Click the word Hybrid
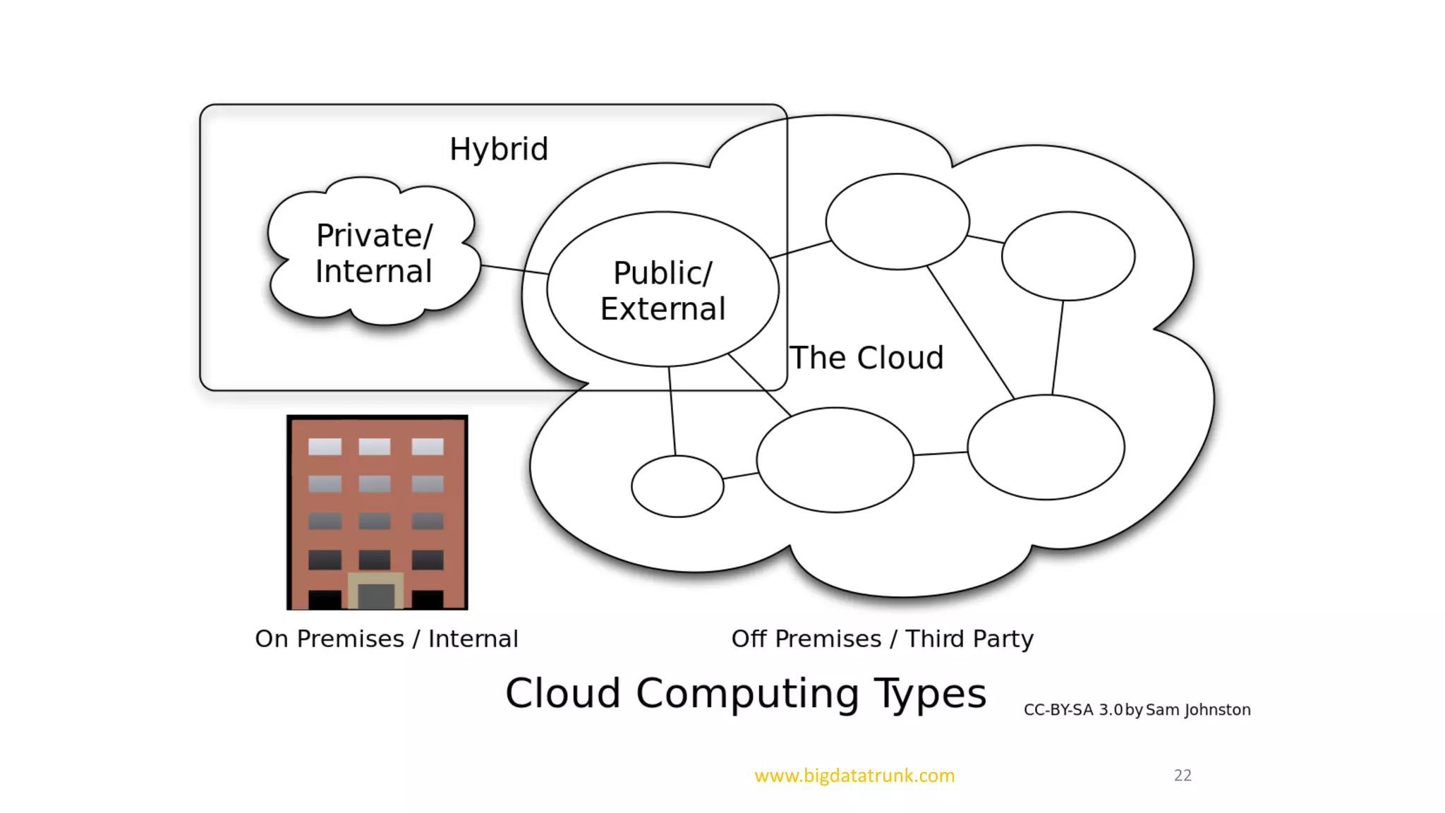point(499,149)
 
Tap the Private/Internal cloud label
point(374,253)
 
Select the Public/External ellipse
point(663,290)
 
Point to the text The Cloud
point(866,358)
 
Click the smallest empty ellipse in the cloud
point(677,486)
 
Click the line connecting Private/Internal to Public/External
point(514,270)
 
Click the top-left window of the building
point(325,447)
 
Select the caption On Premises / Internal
point(387,639)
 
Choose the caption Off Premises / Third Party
point(882,639)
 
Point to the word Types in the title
point(930,693)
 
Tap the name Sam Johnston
point(1198,710)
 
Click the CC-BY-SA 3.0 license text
point(1072,710)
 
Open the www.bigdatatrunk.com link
point(854,776)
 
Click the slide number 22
point(1183,776)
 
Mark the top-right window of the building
point(428,447)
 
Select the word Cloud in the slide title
point(563,693)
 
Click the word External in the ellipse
point(663,309)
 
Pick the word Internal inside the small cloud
point(374,272)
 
